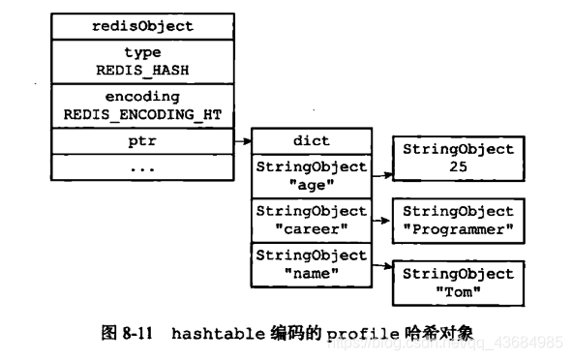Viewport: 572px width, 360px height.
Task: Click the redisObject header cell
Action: [x=142, y=26]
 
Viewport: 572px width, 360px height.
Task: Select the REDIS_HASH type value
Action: [x=142, y=71]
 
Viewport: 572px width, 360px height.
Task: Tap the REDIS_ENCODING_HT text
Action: [x=142, y=114]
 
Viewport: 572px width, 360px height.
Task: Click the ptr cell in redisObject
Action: [x=142, y=141]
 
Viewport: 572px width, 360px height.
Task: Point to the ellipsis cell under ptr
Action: [x=142, y=166]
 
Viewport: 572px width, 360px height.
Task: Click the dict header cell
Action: [x=312, y=141]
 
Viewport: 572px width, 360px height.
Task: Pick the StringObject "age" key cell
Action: [x=312, y=175]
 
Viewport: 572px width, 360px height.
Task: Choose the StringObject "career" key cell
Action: [x=312, y=219]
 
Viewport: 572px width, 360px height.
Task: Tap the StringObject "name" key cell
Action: [x=312, y=263]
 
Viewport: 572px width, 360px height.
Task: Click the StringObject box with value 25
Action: [x=458, y=158]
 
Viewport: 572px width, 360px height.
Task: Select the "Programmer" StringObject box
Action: [x=458, y=220]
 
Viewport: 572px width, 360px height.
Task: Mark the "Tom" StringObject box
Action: [x=458, y=282]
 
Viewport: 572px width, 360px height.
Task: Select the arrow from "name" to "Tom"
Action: [x=381, y=266]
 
